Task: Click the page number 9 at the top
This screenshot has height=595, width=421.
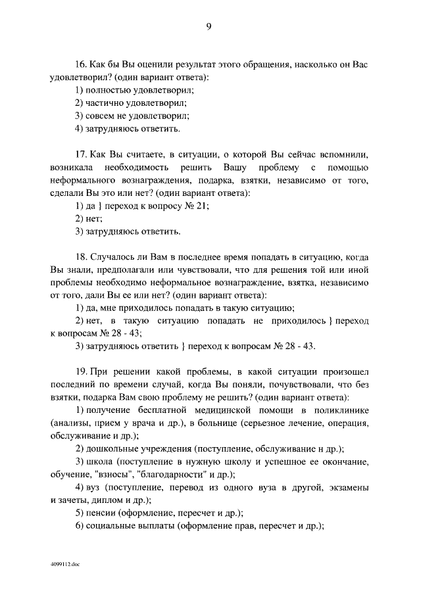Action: click(x=209, y=26)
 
